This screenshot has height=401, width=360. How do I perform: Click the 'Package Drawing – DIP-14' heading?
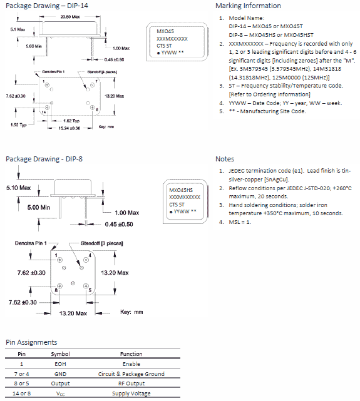(47, 6)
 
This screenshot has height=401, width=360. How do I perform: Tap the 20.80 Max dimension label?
(70, 17)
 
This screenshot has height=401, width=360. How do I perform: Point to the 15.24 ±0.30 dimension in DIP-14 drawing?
(69, 128)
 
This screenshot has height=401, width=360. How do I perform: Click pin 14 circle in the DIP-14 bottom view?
(47, 107)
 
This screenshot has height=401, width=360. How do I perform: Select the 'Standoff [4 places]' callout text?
(102, 72)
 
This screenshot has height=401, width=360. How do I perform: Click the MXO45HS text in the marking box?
(181, 190)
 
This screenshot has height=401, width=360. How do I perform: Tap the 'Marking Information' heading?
(248, 6)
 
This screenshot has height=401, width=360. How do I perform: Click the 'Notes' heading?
(225, 159)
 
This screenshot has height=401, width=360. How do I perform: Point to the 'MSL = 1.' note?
(240, 222)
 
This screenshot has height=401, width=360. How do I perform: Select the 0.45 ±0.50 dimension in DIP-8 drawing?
(119, 225)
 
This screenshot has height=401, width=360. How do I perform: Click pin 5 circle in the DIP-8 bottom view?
(86, 286)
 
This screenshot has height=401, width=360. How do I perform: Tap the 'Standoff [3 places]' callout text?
(102, 243)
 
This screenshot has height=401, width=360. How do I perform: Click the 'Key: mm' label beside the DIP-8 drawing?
(131, 312)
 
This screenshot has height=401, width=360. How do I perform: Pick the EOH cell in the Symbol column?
(60, 364)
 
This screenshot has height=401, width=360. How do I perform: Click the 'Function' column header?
(131, 354)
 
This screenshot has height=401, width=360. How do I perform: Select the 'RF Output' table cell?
(131, 383)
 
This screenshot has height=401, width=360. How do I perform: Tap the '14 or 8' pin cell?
(21, 393)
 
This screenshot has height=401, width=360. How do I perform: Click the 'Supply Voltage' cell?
(131, 393)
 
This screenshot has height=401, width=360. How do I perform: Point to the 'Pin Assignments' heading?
(31, 342)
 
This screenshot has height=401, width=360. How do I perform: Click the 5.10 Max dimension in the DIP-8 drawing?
(18, 188)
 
